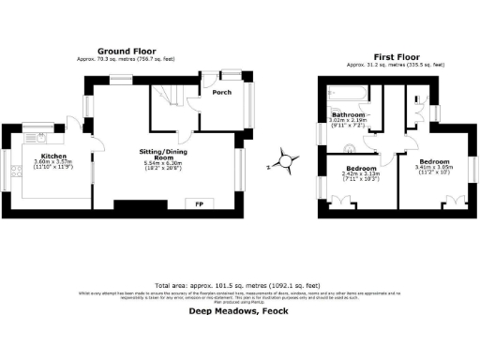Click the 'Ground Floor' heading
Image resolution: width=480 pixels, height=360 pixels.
[127, 52]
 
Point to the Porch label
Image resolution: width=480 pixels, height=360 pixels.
[221, 93]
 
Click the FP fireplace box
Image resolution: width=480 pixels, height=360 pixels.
[198, 203]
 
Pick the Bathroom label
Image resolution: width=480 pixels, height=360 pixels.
[350, 115]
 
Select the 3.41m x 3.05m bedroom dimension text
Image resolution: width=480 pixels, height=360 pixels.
[434, 167]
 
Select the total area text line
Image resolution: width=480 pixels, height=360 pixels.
[236, 285]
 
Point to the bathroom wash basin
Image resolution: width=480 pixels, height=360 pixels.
[349, 146]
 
